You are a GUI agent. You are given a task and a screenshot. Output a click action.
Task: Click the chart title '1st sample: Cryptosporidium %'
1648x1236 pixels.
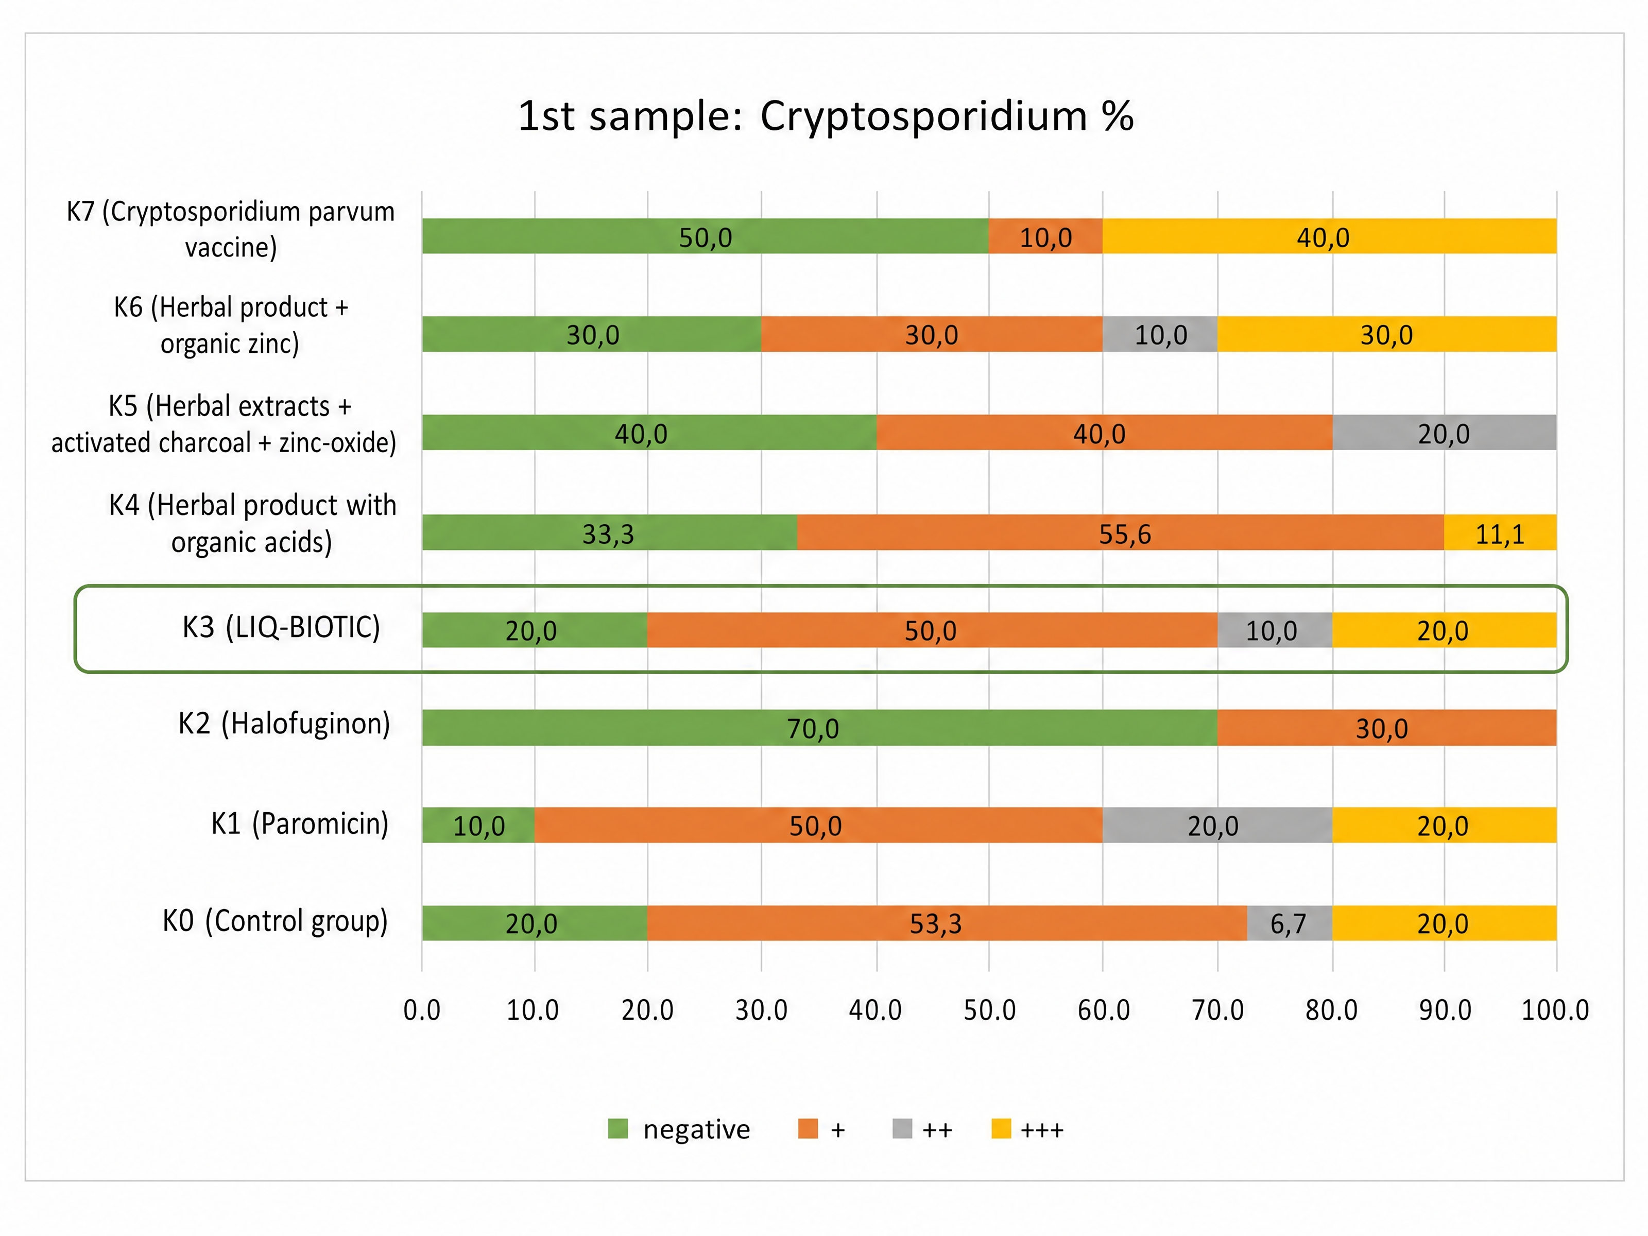(x=826, y=116)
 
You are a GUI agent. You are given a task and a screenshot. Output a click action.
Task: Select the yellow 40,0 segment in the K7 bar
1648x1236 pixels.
(x=1329, y=236)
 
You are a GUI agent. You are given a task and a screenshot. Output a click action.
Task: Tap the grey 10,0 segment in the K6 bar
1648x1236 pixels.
(x=1160, y=334)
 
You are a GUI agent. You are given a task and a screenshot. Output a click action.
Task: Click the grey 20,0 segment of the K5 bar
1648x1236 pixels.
(x=1444, y=432)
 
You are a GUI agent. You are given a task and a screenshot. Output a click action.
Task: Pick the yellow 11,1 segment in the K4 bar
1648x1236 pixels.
(x=1500, y=533)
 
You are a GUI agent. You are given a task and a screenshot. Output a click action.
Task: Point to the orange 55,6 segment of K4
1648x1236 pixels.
(x=1121, y=533)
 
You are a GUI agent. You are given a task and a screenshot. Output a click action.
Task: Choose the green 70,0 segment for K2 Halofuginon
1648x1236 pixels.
(x=819, y=728)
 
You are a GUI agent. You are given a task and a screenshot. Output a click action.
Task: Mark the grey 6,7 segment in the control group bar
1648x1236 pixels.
(x=1290, y=923)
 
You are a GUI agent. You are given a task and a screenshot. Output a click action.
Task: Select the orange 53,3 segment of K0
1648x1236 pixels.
(x=947, y=923)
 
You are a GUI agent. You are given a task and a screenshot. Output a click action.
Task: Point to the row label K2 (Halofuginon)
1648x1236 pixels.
(x=284, y=724)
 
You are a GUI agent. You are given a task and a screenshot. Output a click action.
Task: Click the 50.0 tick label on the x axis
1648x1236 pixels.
(x=989, y=1010)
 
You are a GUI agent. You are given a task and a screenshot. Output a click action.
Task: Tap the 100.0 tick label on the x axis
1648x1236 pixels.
(x=1555, y=1010)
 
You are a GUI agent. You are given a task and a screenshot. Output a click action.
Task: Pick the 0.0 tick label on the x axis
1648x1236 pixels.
(x=422, y=1010)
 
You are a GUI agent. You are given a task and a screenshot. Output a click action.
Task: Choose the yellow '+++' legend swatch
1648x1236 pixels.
(x=1001, y=1129)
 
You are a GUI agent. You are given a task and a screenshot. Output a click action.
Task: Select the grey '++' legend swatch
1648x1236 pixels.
(x=902, y=1129)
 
